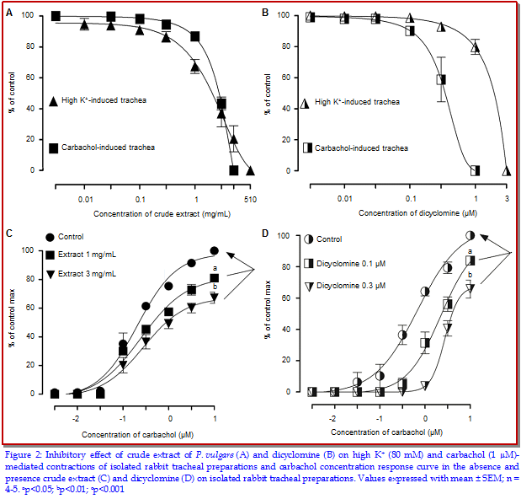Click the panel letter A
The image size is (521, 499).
[9, 13]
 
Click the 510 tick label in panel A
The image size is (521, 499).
[250, 199]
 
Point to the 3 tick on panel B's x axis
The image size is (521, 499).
[507, 196]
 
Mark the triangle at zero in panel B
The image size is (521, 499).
[507, 170]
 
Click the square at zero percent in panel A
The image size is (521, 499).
[234, 170]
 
